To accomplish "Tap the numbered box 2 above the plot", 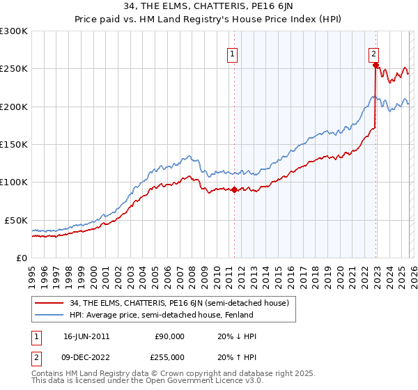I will tap(374, 53).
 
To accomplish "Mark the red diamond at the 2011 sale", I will tap(234, 189).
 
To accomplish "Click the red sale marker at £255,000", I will tap(376, 65).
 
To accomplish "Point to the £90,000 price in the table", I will tap(169, 336).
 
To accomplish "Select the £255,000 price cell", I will tap(169, 357).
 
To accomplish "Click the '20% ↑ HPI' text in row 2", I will tap(238, 357).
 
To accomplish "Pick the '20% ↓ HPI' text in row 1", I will tap(238, 336).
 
